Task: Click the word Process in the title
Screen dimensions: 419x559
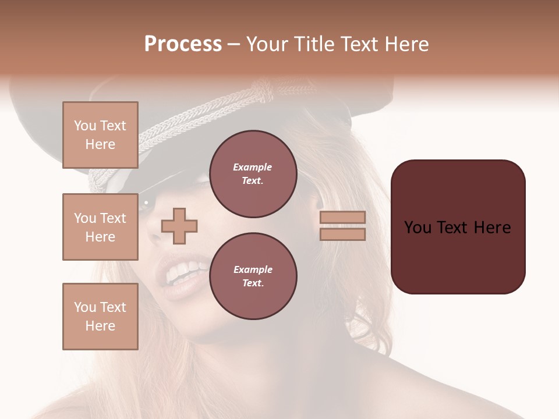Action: tap(183, 44)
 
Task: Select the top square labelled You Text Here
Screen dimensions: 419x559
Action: tap(100, 135)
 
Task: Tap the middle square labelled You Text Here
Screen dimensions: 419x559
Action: tap(100, 227)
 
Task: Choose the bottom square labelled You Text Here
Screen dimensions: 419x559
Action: tap(100, 317)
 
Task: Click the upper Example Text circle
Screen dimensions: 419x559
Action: tap(253, 174)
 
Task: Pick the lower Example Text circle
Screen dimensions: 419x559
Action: tap(253, 276)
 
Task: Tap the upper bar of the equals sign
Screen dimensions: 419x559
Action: tap(342, 218)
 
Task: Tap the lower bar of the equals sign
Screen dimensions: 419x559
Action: tap(342, 234)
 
